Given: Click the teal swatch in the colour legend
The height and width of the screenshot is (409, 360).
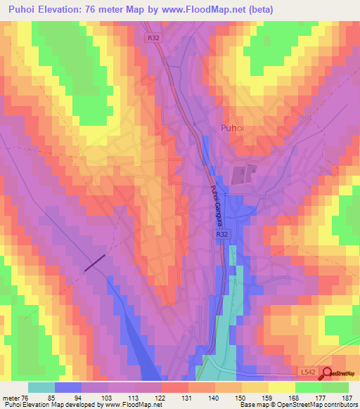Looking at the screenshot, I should [41, 387].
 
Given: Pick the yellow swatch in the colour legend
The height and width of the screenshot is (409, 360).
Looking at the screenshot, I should [281, 387].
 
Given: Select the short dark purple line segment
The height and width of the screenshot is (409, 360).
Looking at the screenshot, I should [95, 262].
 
